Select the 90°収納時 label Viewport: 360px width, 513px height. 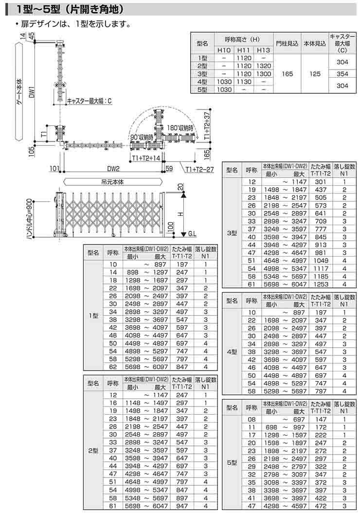point(142,137)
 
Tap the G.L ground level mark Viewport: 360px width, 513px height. point(192,233)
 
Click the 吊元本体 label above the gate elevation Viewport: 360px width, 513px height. point(113,181)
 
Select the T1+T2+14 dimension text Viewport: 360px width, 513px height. point(146,159)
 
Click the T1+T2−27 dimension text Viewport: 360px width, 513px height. point(199,169)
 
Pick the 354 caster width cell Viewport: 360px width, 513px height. point(342,74)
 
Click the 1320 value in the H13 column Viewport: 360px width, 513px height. point(263,66)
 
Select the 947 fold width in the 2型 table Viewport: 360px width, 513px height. point(182,505)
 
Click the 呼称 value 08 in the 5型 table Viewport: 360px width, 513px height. point(252,419)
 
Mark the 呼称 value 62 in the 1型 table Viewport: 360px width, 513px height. point(113,367)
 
